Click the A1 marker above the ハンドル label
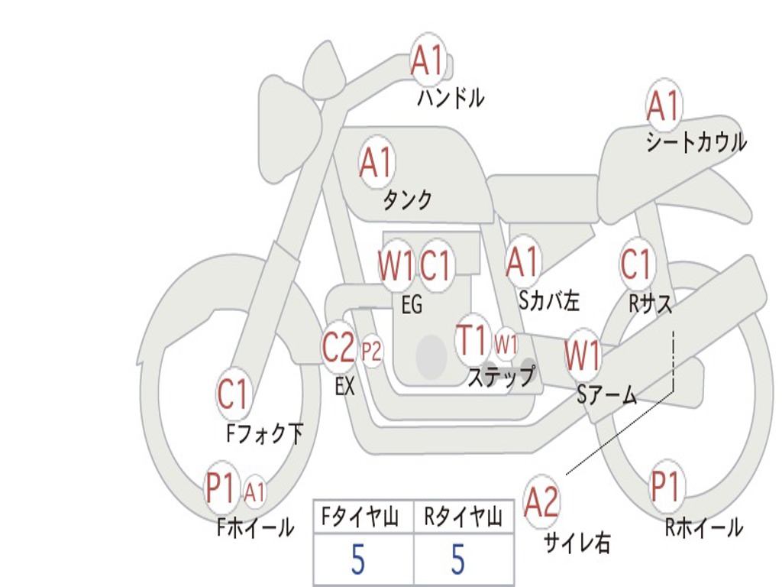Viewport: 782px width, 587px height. click(x=428, y=60)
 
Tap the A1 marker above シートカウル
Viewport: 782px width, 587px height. click(x=664, y=105)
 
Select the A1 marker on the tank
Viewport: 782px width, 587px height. click(x=377, y=162)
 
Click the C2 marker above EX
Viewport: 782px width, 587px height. click(x=339, y=347)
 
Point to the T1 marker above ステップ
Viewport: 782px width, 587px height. click(x=473, y=339)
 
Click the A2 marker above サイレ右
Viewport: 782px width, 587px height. click(x=542, y=501)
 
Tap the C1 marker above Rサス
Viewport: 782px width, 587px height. click(x=636, y=264)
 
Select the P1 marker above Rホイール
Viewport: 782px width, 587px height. click(x=666, y=485)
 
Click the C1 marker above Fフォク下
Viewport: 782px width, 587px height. click(x=233, y=394)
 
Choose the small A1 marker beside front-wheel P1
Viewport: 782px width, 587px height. click(x=255, y=492)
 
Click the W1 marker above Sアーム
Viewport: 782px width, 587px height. click(x=583, y=355)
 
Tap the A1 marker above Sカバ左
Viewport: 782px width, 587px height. click(x=522, y=261)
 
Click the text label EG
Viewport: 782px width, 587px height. click(x=412, y=304)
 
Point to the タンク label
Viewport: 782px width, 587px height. click(x=407, y=199)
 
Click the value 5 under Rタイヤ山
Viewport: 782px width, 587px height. click(x=458, y=559)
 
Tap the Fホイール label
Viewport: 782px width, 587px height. click(x=255, y=527)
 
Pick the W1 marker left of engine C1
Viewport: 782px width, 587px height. click(x=396, y=265)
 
